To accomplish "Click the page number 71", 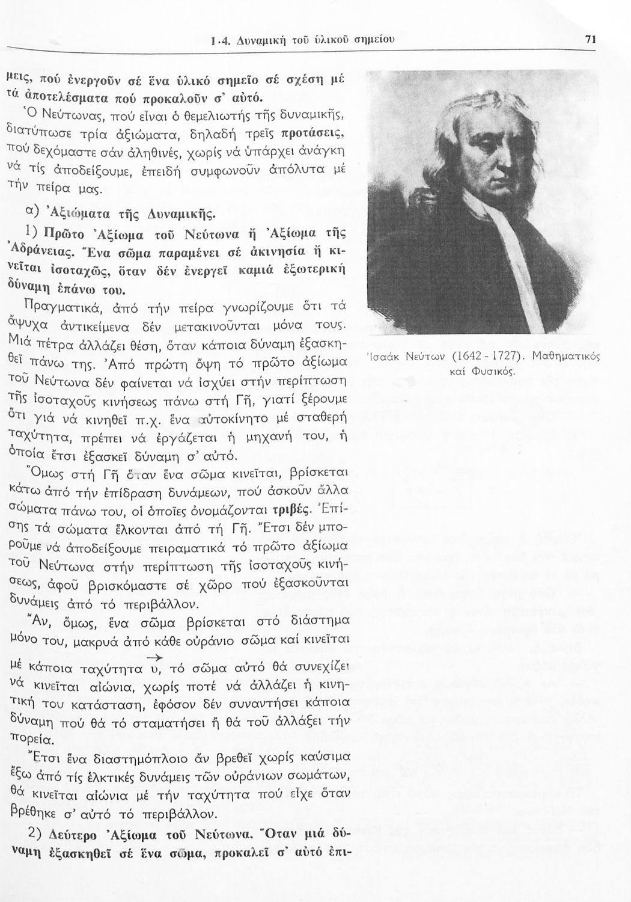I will point(590,40).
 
